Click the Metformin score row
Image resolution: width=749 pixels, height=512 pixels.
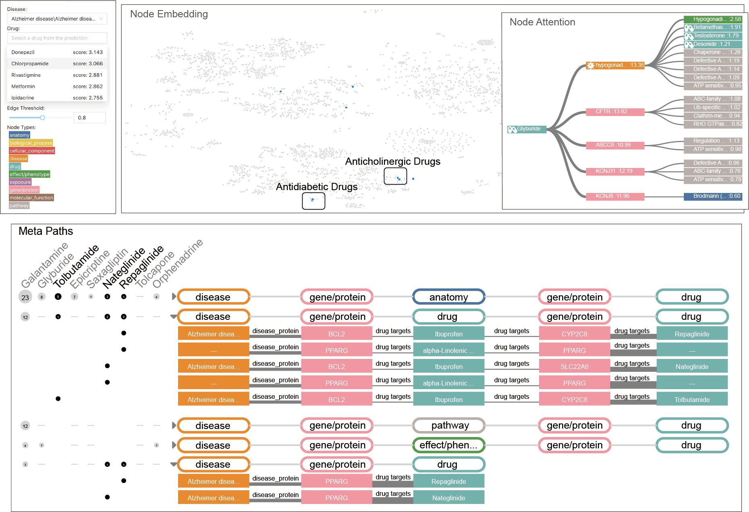click(57, 86)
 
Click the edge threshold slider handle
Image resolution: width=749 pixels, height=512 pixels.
click(42, 118)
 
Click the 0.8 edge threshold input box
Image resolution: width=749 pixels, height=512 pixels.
click(89, 118)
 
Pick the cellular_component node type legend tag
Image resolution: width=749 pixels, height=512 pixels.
click(32, 151)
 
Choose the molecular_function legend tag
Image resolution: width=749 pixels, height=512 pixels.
click(31, 198)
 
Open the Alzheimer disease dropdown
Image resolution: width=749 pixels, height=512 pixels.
click(57, 19)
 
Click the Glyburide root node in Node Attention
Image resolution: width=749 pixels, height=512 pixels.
click(527, 129)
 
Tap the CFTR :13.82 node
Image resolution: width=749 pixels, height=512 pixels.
click(615, 112)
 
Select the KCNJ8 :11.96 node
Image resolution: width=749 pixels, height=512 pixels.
click(615, 196)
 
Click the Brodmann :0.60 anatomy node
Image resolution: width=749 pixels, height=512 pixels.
click(713, 196)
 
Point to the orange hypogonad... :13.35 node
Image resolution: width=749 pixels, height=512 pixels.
click(615, 65)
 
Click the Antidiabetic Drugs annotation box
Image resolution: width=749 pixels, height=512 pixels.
click(313, 201)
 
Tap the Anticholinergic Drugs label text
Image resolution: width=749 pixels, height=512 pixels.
click(392, 162)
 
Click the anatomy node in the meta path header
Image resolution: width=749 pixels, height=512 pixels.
click(448, 297)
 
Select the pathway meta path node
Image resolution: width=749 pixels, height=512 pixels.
click(448, 425)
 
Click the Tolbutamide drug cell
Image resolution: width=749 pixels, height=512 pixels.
click(692, 399)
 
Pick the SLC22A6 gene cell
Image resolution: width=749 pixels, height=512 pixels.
click(574, 367)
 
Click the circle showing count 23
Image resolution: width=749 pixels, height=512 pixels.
click(25, 297)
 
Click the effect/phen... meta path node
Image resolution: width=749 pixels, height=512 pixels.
click(448, 445)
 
